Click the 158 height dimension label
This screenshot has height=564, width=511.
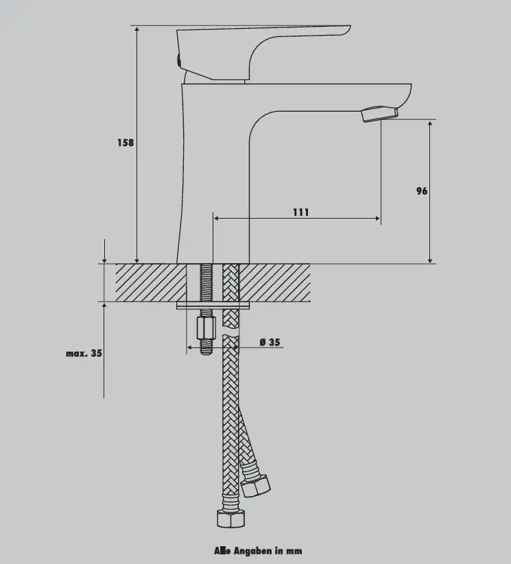[x=126, y=143]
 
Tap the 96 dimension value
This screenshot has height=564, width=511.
[x=422, y=191]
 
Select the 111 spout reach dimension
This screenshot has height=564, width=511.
[x=300, y=212]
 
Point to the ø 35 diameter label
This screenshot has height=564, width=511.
[x=270, y=342]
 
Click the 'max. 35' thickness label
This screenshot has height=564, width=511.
[x=84, y=353]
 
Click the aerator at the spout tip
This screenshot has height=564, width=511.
[x=380, y=114]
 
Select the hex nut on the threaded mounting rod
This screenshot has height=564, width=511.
[x=206, y=328]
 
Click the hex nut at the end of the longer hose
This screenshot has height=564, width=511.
[x=231, y=518]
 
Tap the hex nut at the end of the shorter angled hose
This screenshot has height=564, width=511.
[x=255, y=486]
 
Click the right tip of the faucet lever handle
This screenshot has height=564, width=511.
[x=350, y=26]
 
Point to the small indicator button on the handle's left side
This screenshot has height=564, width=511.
[x=178, y=60]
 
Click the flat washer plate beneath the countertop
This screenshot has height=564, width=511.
[x=213, y=306]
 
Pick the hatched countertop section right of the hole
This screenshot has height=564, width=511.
[x=275, y=283]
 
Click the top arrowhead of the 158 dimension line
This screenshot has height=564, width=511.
[x=137, y=29]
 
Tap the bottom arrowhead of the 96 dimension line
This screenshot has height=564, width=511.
[x=430, y=260]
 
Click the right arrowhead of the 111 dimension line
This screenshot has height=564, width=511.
[x=377, y=218]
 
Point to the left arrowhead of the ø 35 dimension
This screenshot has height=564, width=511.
[x=189, y=347]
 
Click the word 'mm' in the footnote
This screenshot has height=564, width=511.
[x=294, y=552]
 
